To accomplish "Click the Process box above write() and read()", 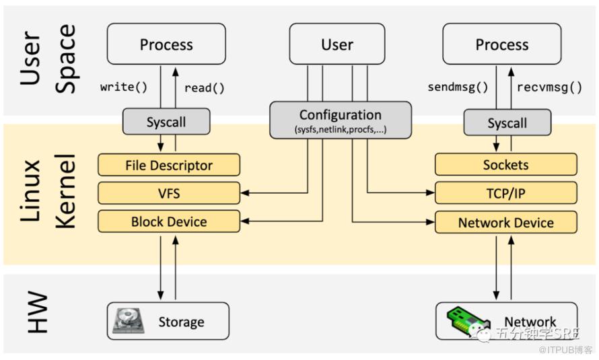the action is tap(166, 44).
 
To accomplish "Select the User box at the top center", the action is tap(337, 44).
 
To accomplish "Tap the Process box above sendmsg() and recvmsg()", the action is tap(501, 44).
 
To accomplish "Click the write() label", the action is tap(124, 87).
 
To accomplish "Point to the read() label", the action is tap(205, 88).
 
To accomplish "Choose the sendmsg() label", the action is tap(458, 87).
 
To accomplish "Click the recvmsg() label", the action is tap(549, 87).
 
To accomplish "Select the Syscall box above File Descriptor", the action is tap(166, 121).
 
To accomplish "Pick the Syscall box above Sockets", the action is tap(507, 122).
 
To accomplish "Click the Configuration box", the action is tap(341, 120).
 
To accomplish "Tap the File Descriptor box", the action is tap(169, 165).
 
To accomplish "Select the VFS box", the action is tap(169, 193).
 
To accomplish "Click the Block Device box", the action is tap(169, 221).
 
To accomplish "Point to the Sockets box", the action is tap(506, 165).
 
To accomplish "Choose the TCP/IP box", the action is tap(506, 193).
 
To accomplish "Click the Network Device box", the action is tap(506, 222).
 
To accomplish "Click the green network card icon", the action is tap(468, 321).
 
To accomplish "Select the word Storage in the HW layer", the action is tap(181, 322).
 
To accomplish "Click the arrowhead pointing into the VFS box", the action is tap(244, 193).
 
